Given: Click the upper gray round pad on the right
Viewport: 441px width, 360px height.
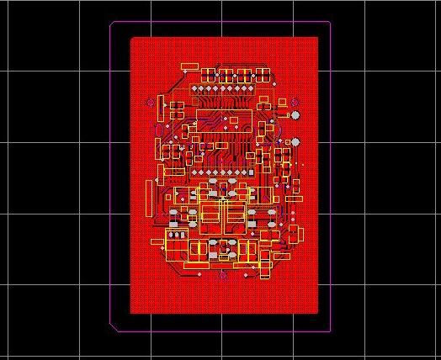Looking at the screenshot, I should click(295, 114).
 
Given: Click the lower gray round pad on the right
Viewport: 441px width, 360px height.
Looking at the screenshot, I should click(295, 141).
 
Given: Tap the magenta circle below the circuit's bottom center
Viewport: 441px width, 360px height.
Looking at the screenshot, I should click(223, 275).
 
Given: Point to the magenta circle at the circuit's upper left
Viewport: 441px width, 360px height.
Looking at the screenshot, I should click(151, 103).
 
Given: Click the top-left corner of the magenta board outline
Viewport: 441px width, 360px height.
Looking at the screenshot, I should click(112, 23).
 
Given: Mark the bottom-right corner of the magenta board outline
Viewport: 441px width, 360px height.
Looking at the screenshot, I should click(330, 327).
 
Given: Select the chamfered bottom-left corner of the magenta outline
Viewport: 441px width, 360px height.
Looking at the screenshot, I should click(114, 324).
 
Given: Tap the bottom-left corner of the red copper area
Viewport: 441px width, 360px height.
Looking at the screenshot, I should click(130, 313).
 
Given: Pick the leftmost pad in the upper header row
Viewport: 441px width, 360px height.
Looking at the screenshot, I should click(194, 87).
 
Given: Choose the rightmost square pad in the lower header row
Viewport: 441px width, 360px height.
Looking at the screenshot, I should click(249, 172).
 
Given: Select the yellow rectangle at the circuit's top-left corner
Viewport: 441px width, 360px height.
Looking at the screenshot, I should click(189, 66).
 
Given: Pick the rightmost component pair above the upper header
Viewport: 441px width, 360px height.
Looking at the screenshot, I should click(263, 72).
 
